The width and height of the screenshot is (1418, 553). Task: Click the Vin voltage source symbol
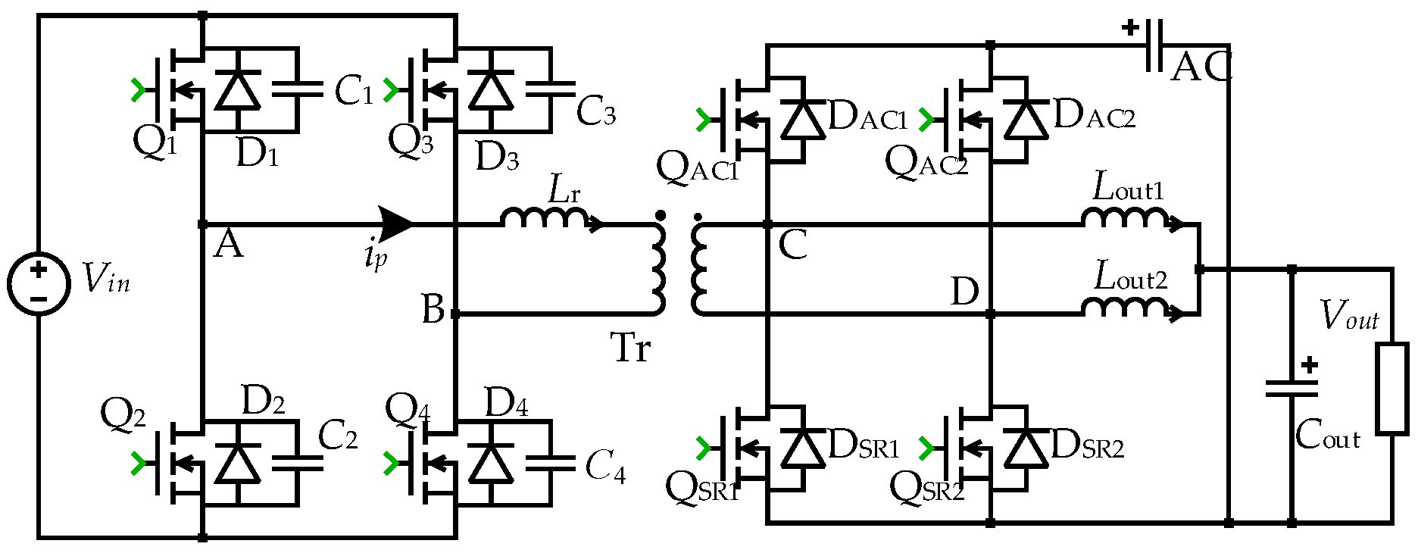pyautogui.click(x=39, y=283)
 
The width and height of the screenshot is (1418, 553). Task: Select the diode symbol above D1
pyautogui.click(x=238, y=90)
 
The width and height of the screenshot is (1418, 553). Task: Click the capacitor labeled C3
pyautogui.click(x=551, y=89)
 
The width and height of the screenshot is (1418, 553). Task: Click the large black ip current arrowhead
pyautogui.click(x=396, y=224)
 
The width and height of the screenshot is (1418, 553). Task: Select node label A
pyautogui.click(x=228, y=245)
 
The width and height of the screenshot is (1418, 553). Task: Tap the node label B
pyautogui.click(x=433, y=309)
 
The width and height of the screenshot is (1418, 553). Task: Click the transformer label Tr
pyautogui.click(x=630, y=348)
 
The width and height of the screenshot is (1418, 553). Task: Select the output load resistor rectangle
pyautogui.click(x=1392, y=389)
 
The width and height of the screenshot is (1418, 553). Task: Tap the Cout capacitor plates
pyautogui.click(x=1292, y=389)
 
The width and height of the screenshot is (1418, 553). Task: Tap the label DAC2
pyautogui.click(x=1094, y=116)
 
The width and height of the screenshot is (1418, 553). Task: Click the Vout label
pyautogui.click(x=1349, y=316)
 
